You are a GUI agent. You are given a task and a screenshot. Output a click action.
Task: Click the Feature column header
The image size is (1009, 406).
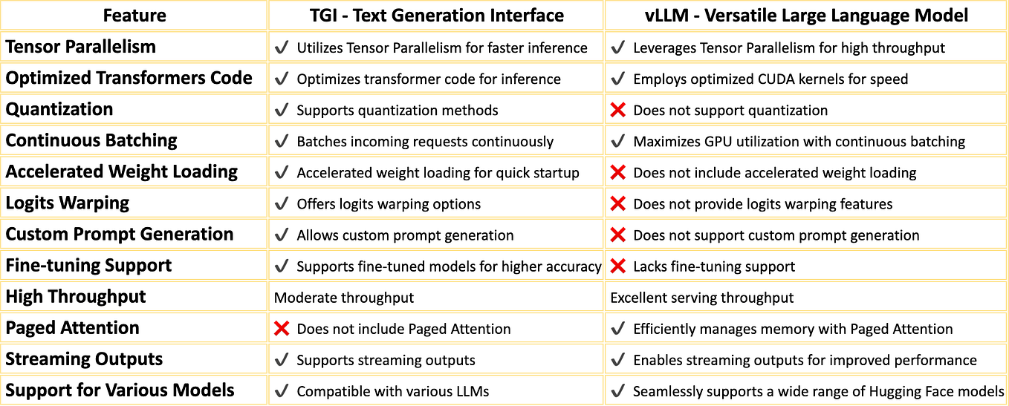tap(134, 15)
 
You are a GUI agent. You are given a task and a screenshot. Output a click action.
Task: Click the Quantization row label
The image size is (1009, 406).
tap(59, 110)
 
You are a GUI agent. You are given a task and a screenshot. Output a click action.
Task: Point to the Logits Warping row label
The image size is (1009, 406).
tap(68, 203)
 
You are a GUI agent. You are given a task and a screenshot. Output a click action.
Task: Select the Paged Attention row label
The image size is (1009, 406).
tap(72, 328)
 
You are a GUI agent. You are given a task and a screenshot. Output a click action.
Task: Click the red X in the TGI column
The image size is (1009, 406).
tap(282, 328)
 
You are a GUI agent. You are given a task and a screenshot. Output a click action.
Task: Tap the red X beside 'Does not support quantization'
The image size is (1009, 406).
tap(617, 110)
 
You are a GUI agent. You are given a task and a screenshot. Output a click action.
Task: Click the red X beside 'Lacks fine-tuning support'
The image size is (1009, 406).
tap(617, 266)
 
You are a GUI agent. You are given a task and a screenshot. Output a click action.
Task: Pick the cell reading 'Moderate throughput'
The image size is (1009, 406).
tap(344, 298)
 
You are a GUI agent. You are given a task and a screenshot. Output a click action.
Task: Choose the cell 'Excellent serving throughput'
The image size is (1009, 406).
tap(701, 298)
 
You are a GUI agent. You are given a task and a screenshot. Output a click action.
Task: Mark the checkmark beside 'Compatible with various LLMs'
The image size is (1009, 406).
tap(282, 391)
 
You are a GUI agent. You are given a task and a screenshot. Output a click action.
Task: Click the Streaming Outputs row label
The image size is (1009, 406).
tap(84, 359)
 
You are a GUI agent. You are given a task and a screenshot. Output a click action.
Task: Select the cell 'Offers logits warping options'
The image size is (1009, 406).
tap(389, 204)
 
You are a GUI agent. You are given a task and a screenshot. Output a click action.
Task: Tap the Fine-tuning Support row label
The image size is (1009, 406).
tap(88, 266)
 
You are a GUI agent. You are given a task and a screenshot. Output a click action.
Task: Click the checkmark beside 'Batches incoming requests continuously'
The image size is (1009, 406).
tap(282, 141)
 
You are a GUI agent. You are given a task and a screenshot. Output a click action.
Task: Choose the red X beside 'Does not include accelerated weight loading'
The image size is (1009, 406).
tap(617, 172)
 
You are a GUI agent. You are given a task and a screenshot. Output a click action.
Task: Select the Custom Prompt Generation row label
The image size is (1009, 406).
tap(120, 235)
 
